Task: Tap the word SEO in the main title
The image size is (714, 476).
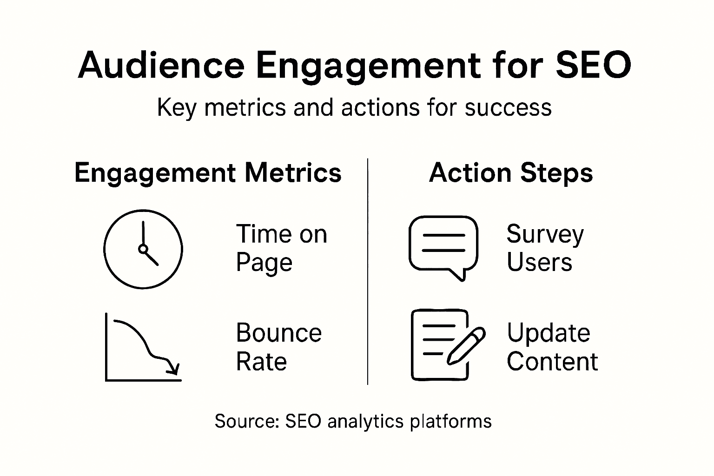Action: tap(593, 65)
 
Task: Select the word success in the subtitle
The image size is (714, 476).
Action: tap(508, 108)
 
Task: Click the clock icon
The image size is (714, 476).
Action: tap(143, 249)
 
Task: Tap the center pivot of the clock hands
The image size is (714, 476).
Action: tap(143, 249)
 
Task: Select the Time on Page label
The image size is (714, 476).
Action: tap(281, 248)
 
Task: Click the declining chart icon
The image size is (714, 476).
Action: tap(143, 347)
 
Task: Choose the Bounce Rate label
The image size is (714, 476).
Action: tap(279, 347)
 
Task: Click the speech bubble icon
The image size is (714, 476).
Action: tap(443, 248)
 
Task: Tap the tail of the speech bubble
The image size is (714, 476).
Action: tap(459, 275)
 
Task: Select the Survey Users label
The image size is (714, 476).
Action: tap(545, 247)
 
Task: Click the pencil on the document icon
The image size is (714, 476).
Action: tap(466, 345)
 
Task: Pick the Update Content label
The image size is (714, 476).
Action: tap(552, 347)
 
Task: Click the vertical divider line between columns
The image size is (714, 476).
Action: tap(368, 271)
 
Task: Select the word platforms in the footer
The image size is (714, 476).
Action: tap(451, 422)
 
